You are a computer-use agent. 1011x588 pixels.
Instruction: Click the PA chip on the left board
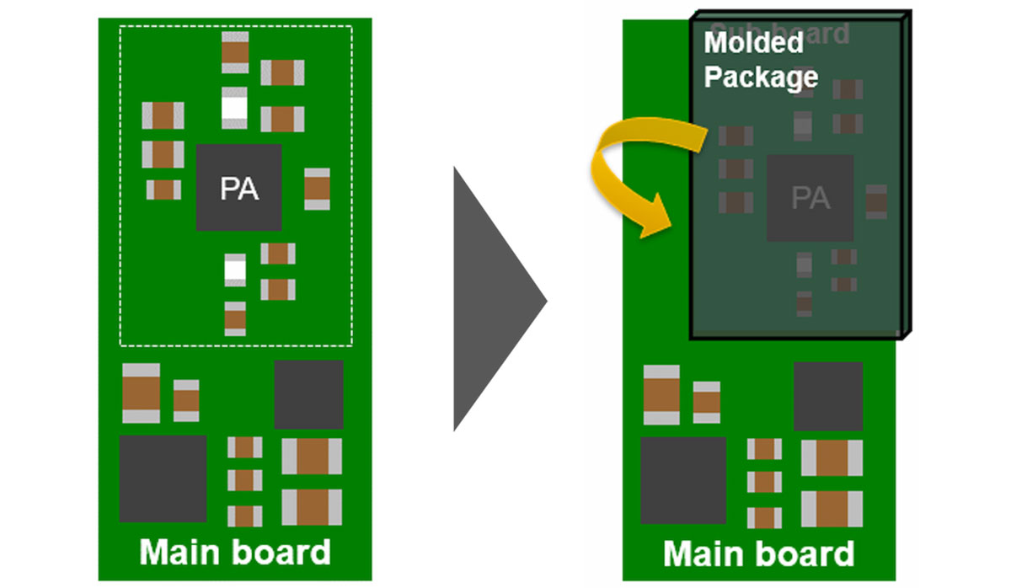[x=239, y=187]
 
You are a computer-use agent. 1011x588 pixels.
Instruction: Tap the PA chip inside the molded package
[x=810, y=198]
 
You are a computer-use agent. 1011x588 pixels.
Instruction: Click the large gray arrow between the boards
[x=493, y=299]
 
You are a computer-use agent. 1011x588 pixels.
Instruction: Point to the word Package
[x=761, y=77]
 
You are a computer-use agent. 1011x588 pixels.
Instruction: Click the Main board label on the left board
[x=235, y=553]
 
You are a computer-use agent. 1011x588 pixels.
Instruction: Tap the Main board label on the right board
[x=759, y=554]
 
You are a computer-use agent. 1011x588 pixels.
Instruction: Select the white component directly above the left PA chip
[x=235, y=107]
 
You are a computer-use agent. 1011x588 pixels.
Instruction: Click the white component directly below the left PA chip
[x=235, y=270]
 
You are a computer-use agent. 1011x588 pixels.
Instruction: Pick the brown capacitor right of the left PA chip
[x=317, y=189]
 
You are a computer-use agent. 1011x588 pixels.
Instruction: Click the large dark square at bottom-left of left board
[x=163, y=478]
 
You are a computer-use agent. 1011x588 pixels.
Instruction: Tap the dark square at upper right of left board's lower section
[x=308, y=394]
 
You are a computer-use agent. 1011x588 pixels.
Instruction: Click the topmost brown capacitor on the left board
[x=235, y=52]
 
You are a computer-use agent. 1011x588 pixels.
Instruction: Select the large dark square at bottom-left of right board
[x=683, y=480]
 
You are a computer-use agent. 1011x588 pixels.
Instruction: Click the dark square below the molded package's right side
[x=828, y=396]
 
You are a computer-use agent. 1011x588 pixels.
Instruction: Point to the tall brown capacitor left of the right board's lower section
[x=661, y=394]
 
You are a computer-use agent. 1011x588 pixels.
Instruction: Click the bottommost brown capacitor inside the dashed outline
[x=235, y=318]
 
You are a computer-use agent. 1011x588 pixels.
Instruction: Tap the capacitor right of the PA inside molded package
[x=876, y=201]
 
